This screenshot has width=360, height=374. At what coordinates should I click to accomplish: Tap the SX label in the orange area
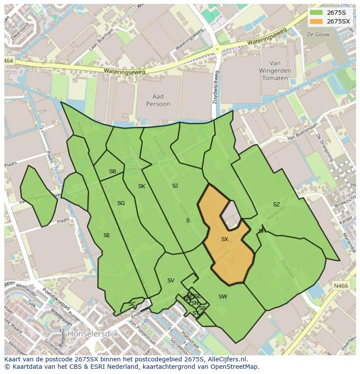click(225, 239)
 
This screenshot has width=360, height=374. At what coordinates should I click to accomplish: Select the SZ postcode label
click(277, 205)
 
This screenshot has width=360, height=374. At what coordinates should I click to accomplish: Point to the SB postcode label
click(113, 172)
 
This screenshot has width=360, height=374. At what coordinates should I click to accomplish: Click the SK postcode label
click(142, 186)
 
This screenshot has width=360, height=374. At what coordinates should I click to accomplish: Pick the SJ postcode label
click(175, 186)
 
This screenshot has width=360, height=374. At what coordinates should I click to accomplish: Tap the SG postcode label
click(121, 203)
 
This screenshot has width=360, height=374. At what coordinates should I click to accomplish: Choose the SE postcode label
click(107, 235)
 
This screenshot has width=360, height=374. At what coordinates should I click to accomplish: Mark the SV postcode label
click(171, 281)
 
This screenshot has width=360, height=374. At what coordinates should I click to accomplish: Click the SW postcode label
click(223, 297)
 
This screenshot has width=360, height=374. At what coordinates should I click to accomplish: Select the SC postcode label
click(132, 304)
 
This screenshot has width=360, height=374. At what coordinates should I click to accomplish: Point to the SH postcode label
click(262, 231)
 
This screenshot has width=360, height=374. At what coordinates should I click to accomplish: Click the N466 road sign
click(341, 286)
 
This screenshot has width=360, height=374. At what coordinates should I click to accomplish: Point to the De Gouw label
click(316, 34)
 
